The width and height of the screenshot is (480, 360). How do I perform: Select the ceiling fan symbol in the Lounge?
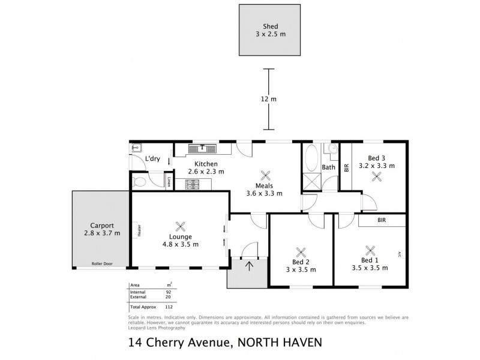coord(180,226)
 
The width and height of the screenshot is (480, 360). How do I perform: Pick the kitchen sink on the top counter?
coord(203,148)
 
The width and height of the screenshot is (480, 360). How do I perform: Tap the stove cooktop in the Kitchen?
coord(194,185)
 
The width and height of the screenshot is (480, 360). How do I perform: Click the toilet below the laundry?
coord(140,181)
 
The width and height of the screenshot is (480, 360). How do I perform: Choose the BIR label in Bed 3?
coord(347,168)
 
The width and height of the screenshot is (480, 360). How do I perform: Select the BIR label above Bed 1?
coord(381,221)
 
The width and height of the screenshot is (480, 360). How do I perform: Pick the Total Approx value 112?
coord(169,306)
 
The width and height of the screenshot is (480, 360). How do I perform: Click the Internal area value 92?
coord(169,292)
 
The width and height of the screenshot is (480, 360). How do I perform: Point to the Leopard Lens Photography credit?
coord(157,328)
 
